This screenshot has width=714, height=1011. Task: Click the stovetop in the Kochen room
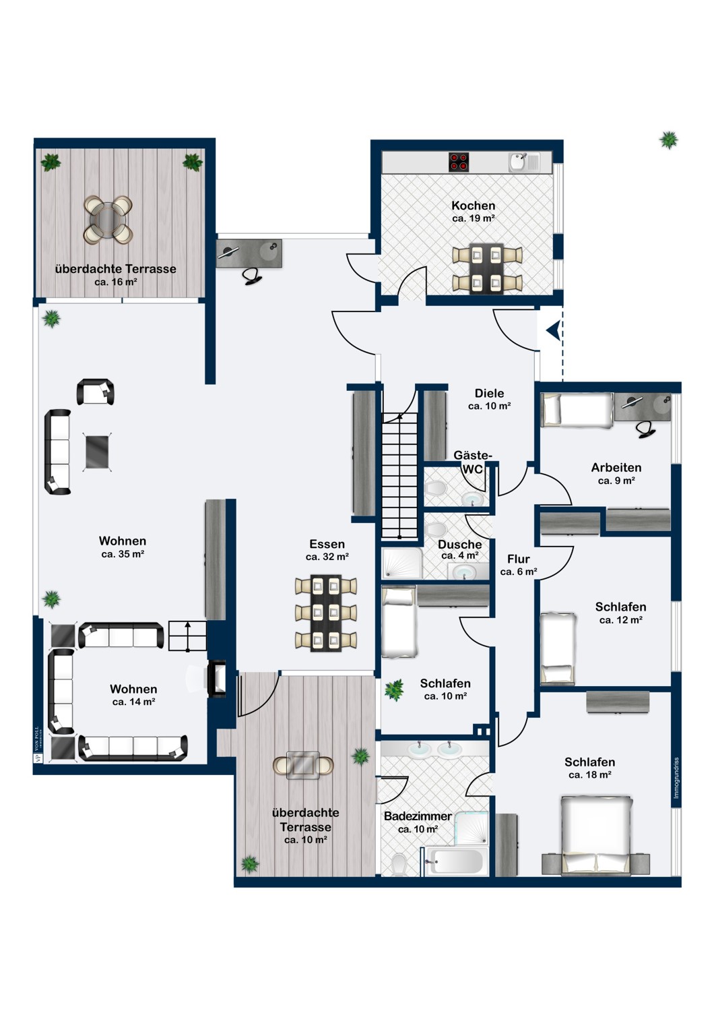tap(459, 162)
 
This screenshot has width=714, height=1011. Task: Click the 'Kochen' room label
tap(473, 206)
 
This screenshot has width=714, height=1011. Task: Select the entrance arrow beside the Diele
tap(553, 331)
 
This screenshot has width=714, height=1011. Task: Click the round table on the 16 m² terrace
tap(108, 220)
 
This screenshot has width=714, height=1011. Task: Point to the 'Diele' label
tap(489, 393)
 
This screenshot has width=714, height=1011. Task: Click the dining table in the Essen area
tap(325, 613)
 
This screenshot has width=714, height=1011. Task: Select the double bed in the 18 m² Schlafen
tap(596, 835)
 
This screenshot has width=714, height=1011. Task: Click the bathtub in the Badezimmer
tap(457, 861)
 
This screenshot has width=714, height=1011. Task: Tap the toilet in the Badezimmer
tap(399, 863)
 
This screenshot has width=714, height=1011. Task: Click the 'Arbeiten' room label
tap(616, 467)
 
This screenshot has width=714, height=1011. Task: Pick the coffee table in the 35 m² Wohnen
tap(97, 452)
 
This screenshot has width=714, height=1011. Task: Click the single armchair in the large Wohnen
tap(96, 392)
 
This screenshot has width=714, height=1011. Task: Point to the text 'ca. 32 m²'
tap(327, 557)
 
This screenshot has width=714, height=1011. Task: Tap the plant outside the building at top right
tap(668, 140)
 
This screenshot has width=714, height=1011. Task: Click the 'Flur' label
tap(518, 559)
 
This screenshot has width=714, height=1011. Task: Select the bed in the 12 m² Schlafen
tap(558, 648)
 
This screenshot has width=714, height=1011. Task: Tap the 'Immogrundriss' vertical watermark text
tap(676, 778)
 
